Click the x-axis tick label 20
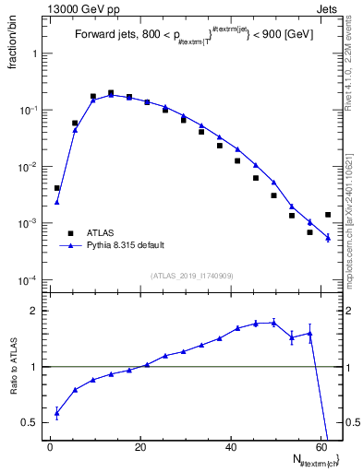[140, 446]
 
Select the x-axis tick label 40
[231, 446]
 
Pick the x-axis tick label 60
[321, 446]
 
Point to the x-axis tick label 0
[51, 446]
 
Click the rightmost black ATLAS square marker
[328, 215]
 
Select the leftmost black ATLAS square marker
[56, 188]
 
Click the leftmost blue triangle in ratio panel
[56, 413]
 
